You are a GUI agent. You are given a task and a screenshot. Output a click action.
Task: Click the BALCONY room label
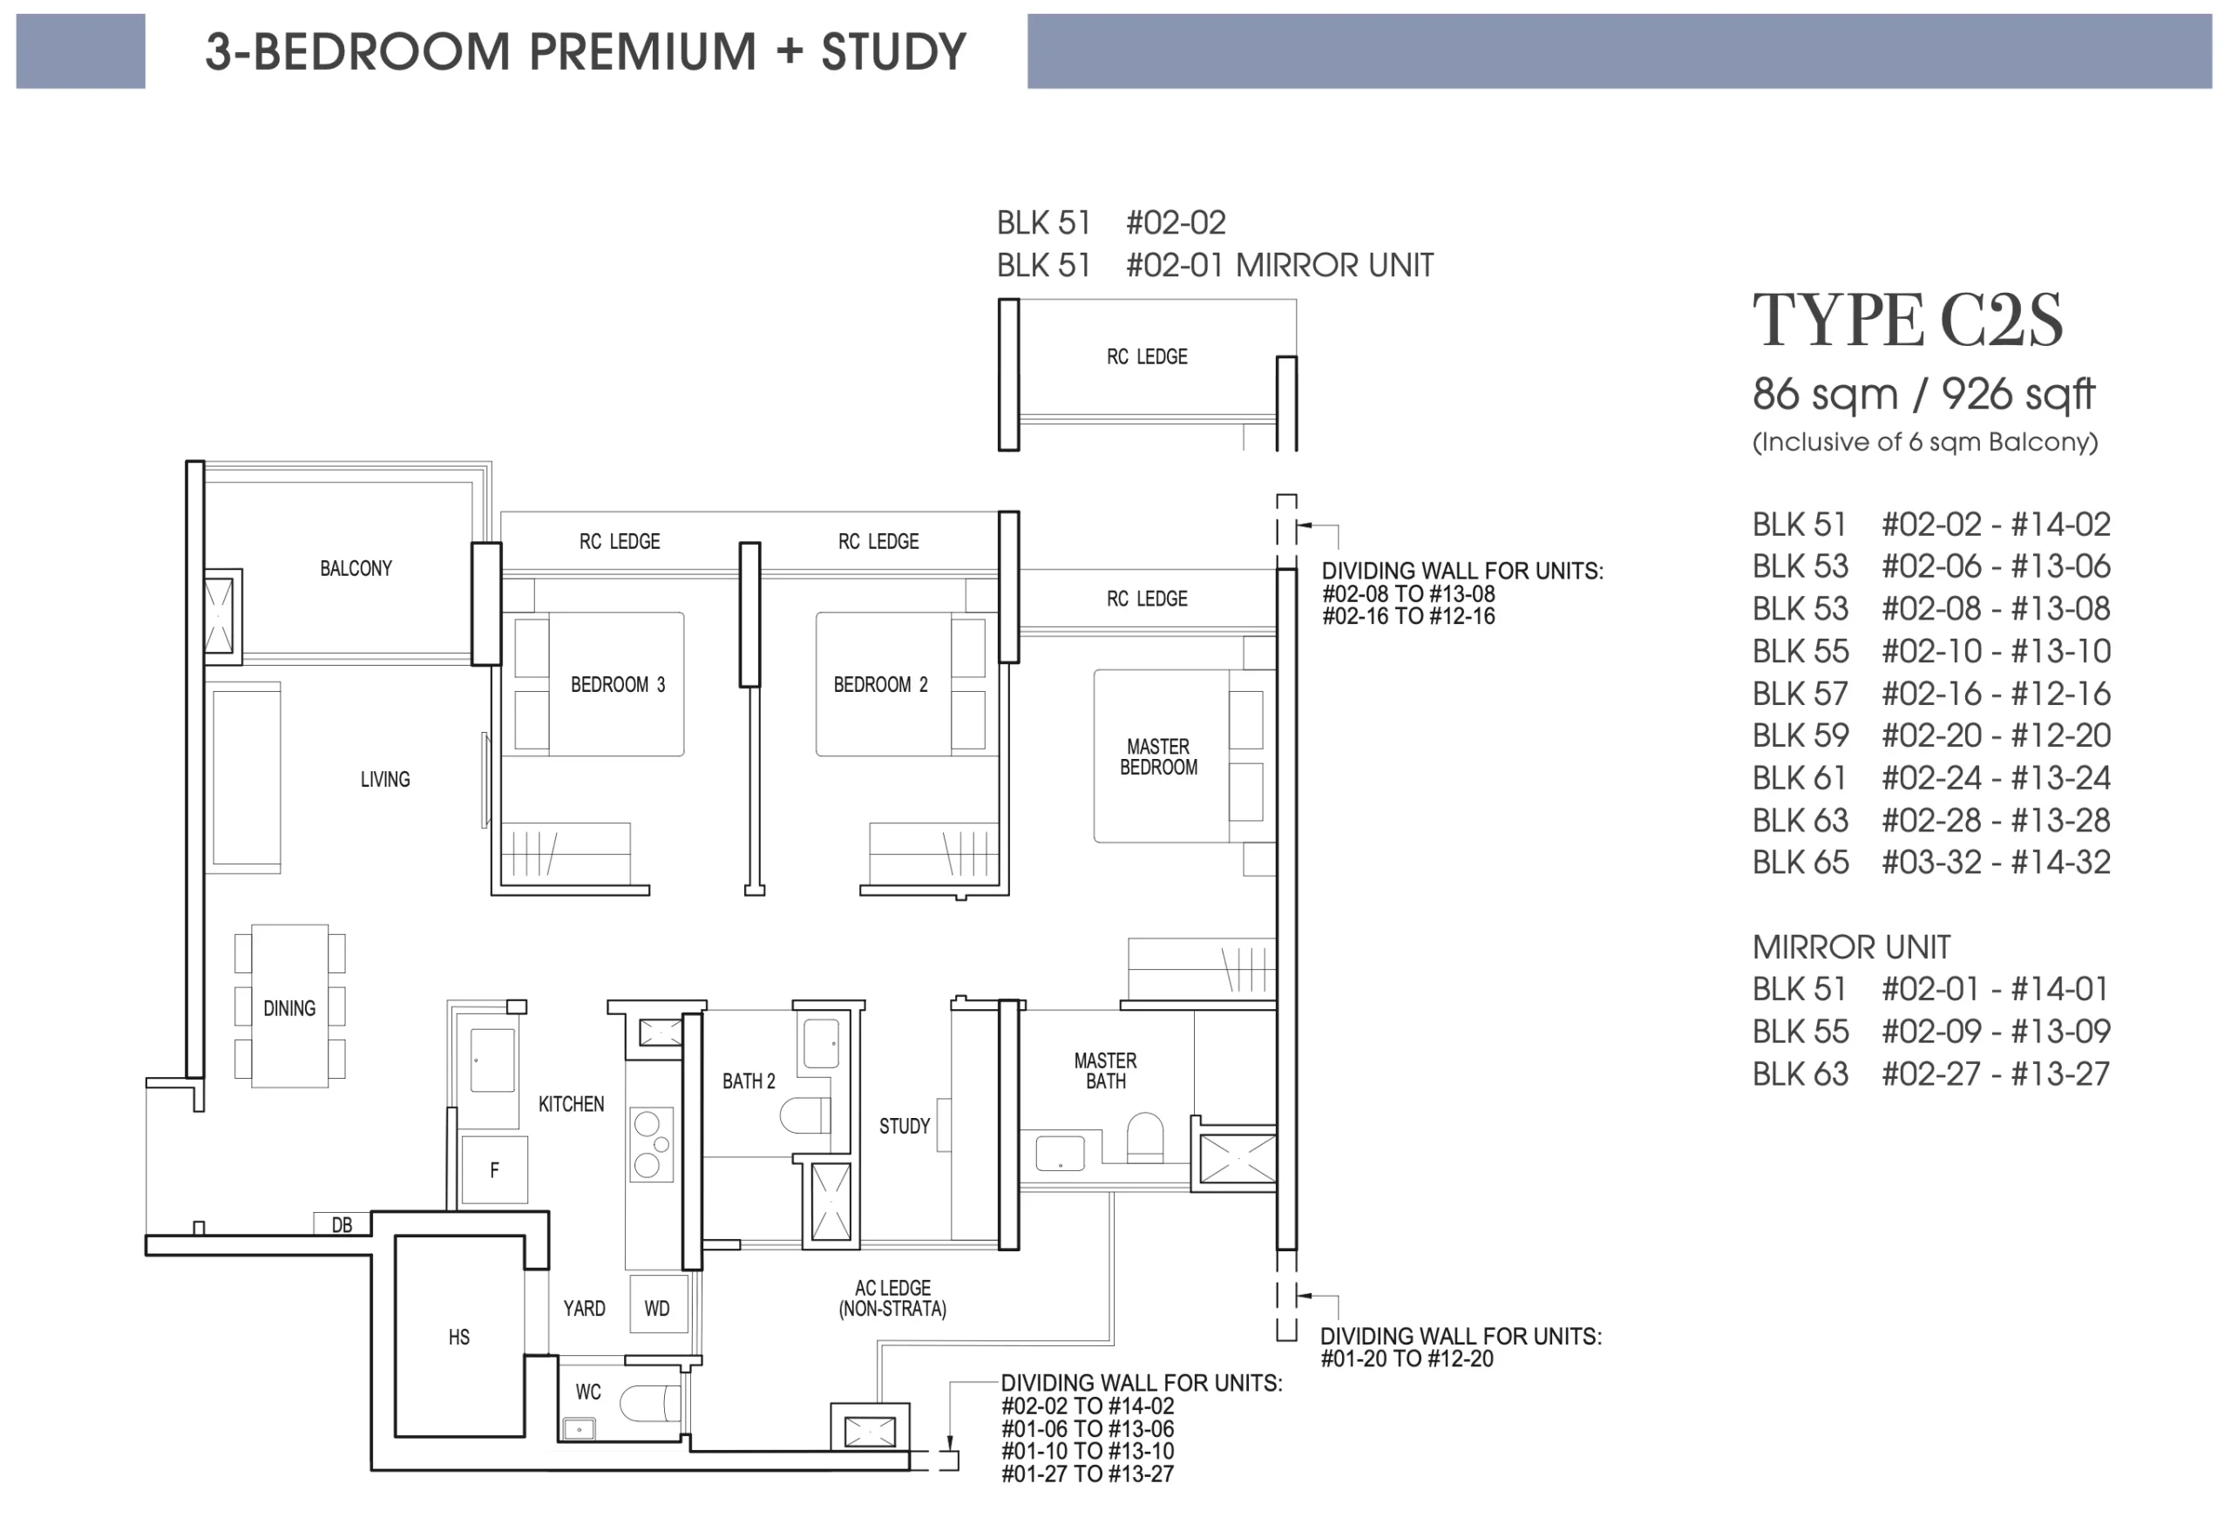[356, 568]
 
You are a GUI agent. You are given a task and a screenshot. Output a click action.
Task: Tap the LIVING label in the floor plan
[385, 779]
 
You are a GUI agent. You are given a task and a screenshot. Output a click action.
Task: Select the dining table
[290, 1006]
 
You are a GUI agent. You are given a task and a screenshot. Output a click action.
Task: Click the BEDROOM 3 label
[617, 684]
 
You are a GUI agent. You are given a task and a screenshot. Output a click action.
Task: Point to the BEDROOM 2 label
[880, 684]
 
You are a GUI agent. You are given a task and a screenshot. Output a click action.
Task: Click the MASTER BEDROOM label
[1159, 756]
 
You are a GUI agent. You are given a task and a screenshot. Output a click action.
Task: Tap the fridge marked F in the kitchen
[494, 1169]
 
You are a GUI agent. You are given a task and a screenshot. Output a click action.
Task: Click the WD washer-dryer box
[659, 1304]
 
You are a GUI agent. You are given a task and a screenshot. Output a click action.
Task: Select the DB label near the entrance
[342, 1225]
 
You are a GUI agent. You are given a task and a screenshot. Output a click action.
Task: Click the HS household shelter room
[460, 1336]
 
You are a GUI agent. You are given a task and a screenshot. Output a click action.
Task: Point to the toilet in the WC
[650, 1402]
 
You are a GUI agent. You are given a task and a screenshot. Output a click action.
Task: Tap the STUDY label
[905, 1126]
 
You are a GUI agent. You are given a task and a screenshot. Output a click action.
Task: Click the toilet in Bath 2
[804, 1115]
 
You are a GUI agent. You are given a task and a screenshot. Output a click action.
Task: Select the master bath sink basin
[1060, 1153]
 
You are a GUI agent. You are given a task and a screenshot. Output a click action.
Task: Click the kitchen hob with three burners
[652, 1143]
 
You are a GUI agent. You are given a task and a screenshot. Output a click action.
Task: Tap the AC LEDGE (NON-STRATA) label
[892, 1297]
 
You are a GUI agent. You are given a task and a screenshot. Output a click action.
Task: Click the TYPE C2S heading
[1907, 320]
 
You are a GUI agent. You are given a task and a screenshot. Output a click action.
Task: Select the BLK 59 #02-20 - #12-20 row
[1930, 735]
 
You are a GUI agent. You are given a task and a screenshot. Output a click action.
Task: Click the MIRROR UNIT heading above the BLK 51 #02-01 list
[1851, 947]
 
